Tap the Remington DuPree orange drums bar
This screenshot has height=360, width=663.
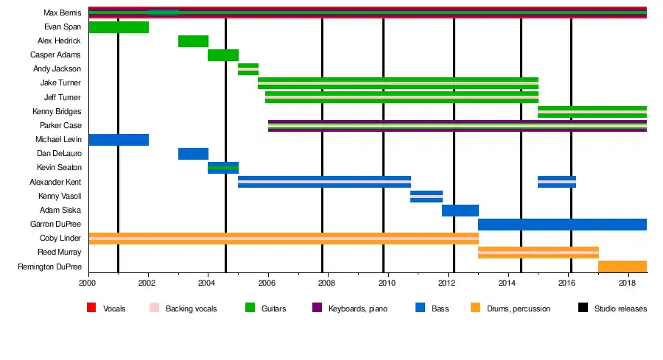click(622, 267)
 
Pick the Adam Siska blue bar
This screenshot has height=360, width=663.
click(460, 211)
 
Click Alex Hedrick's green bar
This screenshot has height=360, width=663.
click(193, 41)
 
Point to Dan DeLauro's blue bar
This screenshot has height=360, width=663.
click(193, 154)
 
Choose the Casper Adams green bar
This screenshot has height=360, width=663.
click(223, 55)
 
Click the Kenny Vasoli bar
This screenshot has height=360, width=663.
click(427, 197)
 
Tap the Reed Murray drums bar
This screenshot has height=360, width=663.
click(538, 253)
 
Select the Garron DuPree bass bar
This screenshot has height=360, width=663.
click(562, 225)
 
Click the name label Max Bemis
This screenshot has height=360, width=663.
click(62, 13)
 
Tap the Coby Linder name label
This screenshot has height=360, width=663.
click(60, 239)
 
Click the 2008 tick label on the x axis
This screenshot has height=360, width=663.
click(327, 283)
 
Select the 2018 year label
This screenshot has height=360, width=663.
click(627, 283)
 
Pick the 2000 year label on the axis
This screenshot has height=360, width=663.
click(88, 283)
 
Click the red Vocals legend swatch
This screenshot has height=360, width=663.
click(92, 308)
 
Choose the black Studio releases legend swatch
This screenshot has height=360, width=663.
click(583, 308)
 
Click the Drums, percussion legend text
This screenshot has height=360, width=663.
click(519, 309)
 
